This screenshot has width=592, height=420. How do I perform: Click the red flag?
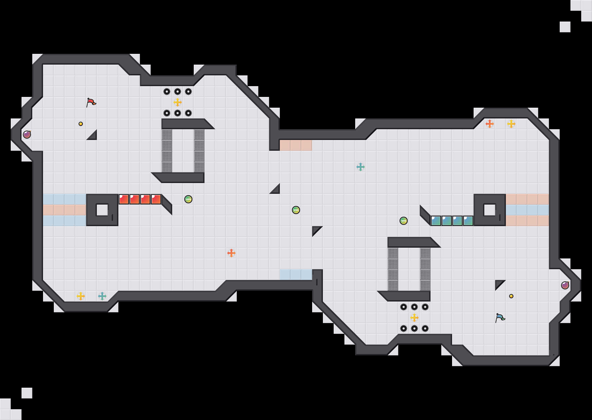tap(91, 102)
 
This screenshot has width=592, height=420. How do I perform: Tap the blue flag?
tap(500, 318)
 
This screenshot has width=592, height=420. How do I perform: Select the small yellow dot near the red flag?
tap(81, 124)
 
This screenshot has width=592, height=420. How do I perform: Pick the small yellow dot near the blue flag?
tap(511, 296)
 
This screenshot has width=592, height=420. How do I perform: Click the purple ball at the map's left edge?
tap(27, 134)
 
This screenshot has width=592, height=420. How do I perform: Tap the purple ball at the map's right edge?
tap(565, 285)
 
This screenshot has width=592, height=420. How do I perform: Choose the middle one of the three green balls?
tap(296, 210)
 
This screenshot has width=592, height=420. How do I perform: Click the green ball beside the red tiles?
tap(188, 199)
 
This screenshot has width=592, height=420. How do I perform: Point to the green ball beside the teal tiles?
tap(404, 221)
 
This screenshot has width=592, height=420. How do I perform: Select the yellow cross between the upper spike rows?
tap(178, 102)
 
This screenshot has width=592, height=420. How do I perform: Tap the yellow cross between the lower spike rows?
tap(414, 318)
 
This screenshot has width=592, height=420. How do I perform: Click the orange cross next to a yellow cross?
tap(490, 124)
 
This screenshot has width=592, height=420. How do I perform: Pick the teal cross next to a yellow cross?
tap(102, 296)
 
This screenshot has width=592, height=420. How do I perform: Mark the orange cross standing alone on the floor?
tap(231, 253)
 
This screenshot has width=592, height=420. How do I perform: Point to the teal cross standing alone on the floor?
tap(361, 167)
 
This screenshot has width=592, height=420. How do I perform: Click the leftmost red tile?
tap(124, 199)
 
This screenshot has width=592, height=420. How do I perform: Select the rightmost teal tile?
tap(468, 221)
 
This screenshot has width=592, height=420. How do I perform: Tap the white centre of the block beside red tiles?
tap(102, 210)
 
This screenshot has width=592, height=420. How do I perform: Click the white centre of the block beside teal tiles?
tap(490, 210)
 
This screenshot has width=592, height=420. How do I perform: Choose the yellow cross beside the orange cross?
tap(511, 124)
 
